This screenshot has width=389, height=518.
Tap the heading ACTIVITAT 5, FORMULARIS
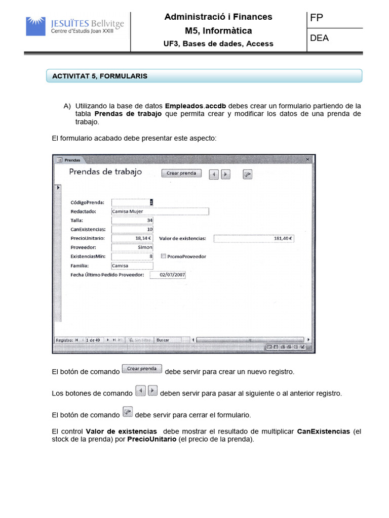[x=100, y=76]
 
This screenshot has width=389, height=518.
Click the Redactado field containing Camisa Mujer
[x=160, y=211]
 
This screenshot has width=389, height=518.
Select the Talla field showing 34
[x=132, y=220]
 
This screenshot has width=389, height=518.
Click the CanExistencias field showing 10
[x=132, y=229]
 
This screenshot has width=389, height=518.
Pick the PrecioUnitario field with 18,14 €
[x=132, y=238]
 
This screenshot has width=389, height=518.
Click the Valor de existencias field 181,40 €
[x=255, y=238]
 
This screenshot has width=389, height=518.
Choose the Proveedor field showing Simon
[x=132, y=247]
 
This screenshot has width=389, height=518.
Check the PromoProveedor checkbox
[x=163, y=256]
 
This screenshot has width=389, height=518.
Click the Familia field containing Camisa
[x=132, y=266]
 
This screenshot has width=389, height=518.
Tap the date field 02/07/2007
[x=172, y=275]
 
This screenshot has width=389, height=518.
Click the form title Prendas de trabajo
[x=105, y=172]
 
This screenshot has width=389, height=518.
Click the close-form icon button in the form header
[x=247, y=174]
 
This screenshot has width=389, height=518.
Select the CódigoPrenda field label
[x=88, y=202]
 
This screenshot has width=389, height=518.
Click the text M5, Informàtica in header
[x=218, y=31]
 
